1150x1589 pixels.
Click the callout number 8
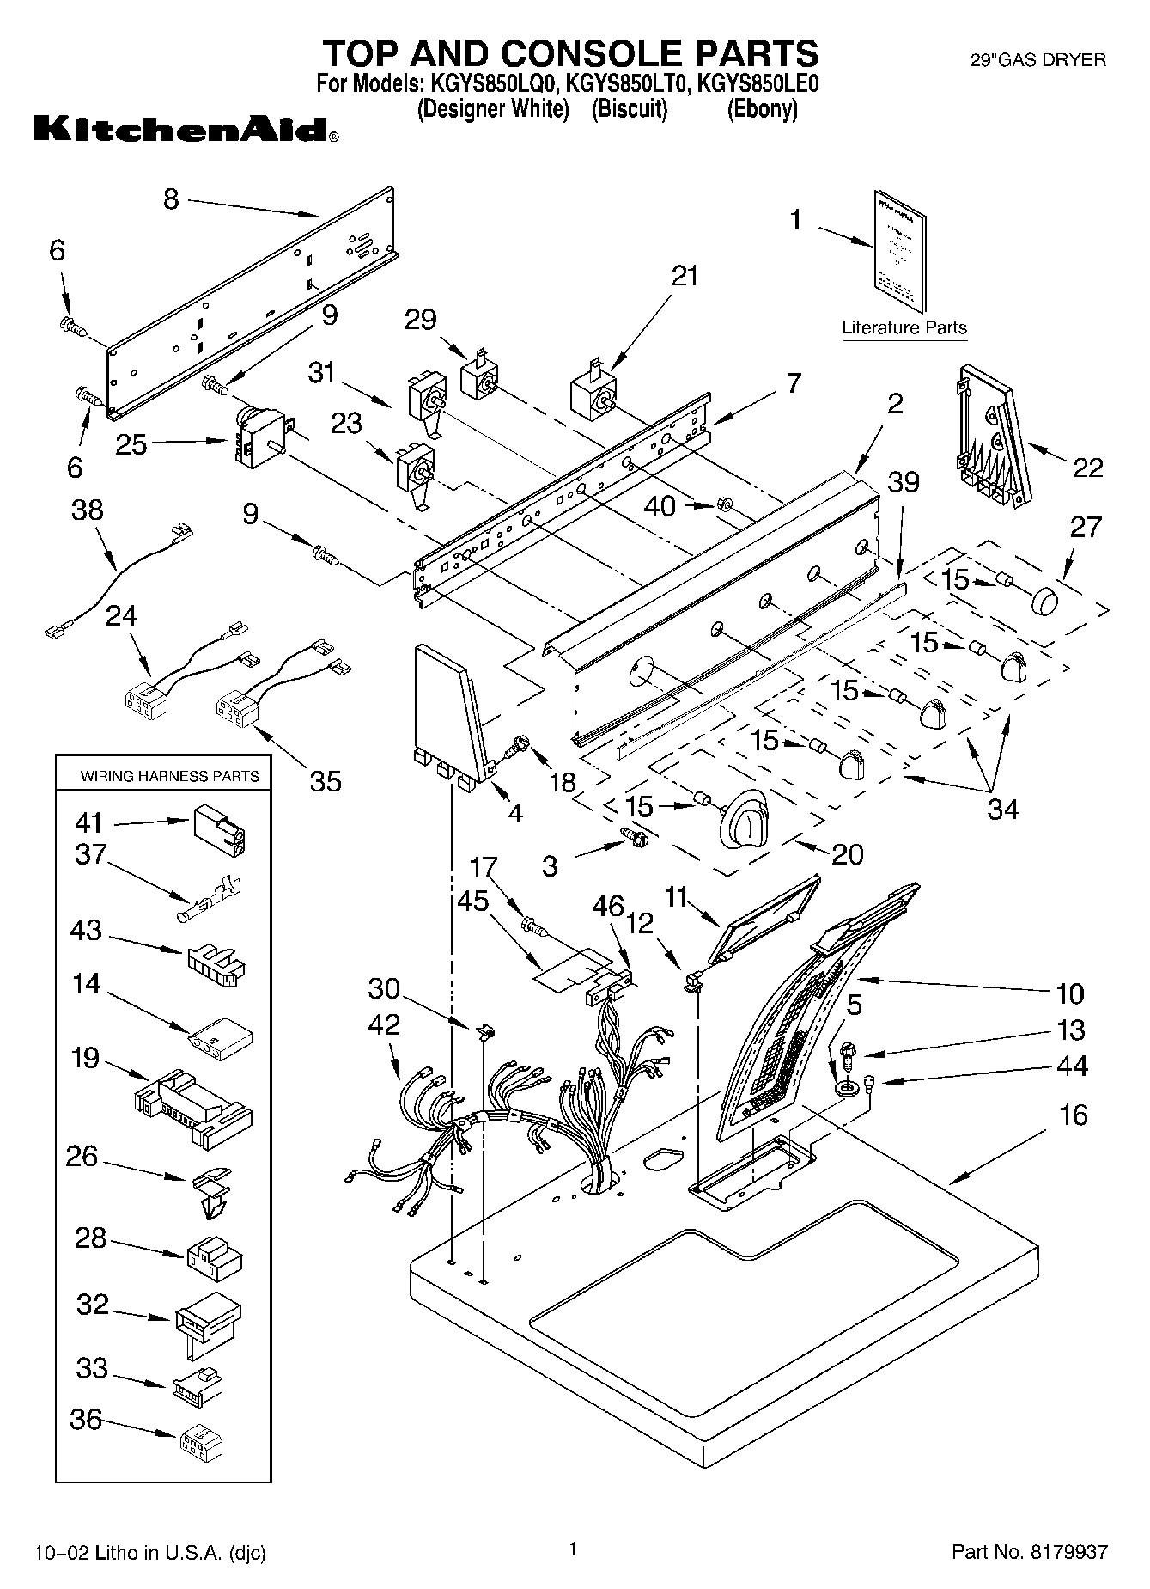point(172,199)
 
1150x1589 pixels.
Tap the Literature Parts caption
point(904,327)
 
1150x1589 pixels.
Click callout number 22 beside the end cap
point(1087,468)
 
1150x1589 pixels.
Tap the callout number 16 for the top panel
point(1074,1115)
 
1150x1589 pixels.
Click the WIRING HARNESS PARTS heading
point(169,776)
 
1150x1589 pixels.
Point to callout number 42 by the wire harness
point(384,1024)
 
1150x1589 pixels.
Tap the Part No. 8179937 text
point(1029,1552)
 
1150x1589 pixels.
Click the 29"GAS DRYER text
point(1037,60)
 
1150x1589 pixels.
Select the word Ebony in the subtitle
point(762,110)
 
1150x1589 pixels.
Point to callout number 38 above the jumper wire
point(88,510)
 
